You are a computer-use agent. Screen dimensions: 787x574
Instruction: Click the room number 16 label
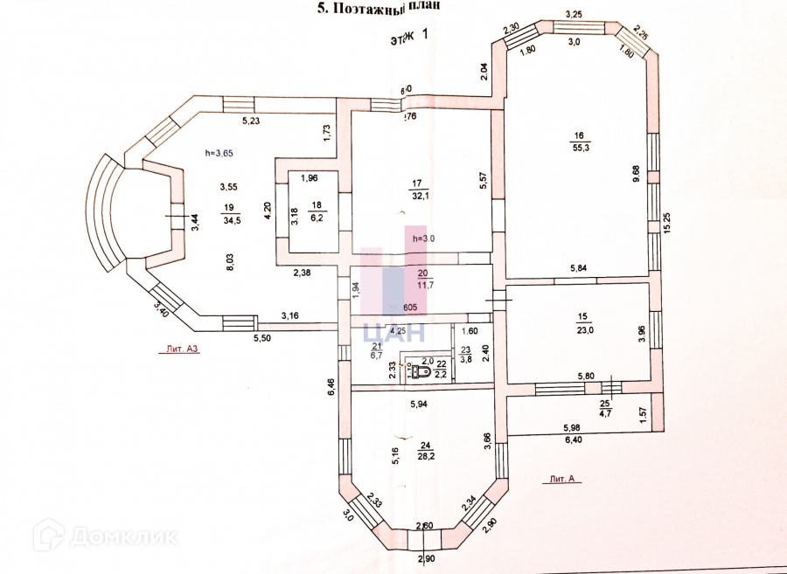tap(579, 135)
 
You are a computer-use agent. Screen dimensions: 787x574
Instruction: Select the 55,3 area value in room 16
tap(579, 149)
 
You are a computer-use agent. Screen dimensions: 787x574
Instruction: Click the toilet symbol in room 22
tap(420, 372)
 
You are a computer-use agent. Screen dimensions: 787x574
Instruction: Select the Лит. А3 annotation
tap(180, 348)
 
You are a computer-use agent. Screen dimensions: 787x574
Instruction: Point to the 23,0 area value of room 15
tap(583, 330)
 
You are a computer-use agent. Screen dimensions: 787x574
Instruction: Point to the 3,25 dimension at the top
tap(575, 15)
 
